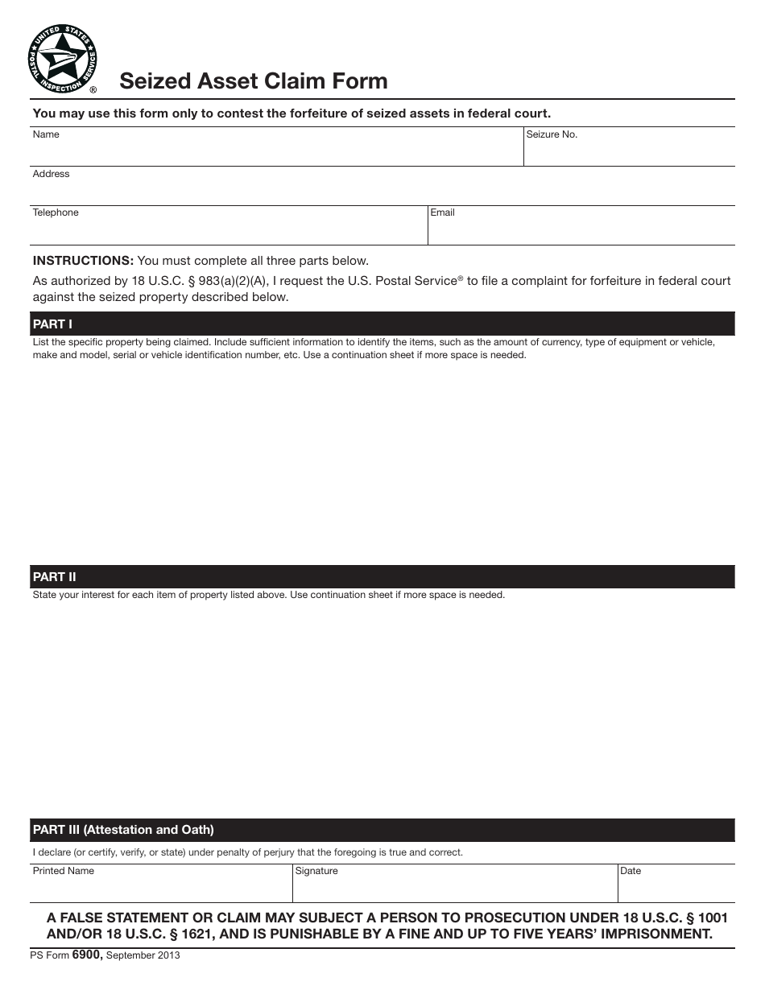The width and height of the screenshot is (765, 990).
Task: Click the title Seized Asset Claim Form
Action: (254, 81)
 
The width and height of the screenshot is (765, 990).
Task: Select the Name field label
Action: (46, 134)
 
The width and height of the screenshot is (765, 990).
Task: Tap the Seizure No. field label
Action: (552, 134)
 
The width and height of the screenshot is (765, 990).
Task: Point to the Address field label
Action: (51, 174)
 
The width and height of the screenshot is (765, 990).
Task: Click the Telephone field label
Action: (56, 212)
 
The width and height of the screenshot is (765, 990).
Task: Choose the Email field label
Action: (442, 212)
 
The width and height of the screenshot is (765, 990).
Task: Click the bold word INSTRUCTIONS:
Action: (83, 261)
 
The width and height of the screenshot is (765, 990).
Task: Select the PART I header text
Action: (52, 324)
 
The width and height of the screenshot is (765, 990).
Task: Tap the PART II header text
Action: (54, 577)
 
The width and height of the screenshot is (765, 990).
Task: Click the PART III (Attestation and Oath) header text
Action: (123, 830)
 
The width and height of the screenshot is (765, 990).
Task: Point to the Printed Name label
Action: (63, 871)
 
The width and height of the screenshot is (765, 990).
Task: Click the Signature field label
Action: (316, 871)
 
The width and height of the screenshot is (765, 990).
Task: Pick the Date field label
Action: (631, 871)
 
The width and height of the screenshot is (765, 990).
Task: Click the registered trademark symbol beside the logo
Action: (93, 90)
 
